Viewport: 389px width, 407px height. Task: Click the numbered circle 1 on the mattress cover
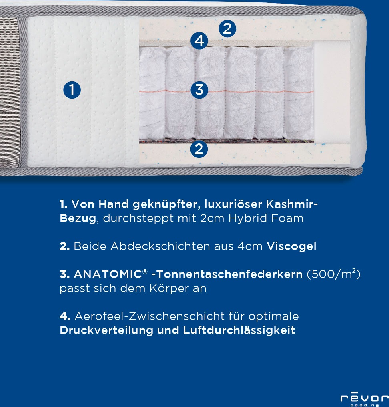coord(72,90)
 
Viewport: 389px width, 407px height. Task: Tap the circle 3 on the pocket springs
coord(199,89)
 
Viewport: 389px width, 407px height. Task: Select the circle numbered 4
coord(199,41)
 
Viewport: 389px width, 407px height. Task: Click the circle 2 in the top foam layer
coord(227,28)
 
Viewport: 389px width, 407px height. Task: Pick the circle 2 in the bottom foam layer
coord(199,149)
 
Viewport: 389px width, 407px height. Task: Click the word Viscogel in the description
coord(291,246)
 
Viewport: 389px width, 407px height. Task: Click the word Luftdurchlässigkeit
coord(239,330)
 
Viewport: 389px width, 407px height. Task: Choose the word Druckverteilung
coord(107,330)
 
